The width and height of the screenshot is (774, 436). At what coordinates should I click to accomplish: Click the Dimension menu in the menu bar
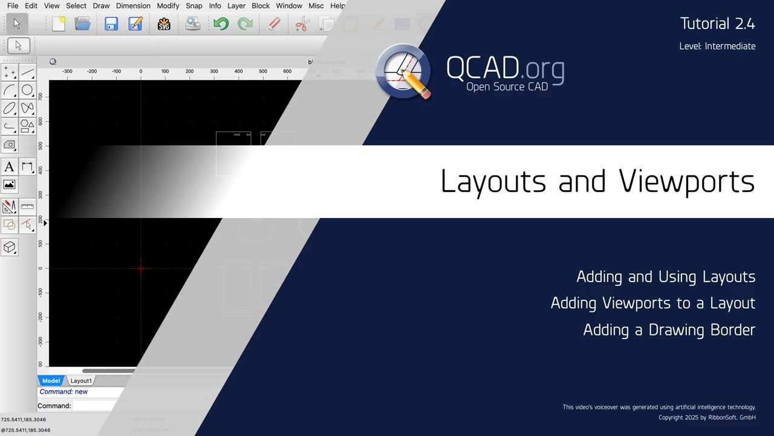point(133,6)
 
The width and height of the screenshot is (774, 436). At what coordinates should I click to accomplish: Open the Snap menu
point(194,6)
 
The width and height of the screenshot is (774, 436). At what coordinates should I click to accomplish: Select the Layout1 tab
point(81,381)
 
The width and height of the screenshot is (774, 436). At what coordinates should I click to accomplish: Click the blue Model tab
point(51,381)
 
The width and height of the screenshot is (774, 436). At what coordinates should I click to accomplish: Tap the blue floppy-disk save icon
point(111,24)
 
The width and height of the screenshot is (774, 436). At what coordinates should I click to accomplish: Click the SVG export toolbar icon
point(164,24)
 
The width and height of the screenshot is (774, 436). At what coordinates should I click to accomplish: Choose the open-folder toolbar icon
point(82,24)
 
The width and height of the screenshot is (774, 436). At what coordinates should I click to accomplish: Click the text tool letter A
point(9,167)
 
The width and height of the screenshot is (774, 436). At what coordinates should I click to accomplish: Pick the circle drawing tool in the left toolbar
point(27,91)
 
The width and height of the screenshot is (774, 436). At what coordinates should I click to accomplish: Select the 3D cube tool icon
point(9,247)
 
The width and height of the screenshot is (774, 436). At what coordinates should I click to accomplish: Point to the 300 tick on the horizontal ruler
point(214,71)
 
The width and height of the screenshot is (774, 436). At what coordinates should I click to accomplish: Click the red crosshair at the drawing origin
point(141,268)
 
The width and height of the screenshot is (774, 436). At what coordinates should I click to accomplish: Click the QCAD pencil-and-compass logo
point(403,71)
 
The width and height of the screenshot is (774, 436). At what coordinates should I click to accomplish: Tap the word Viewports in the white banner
point(686,182)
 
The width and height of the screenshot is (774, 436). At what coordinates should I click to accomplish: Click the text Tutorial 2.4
point(717,24)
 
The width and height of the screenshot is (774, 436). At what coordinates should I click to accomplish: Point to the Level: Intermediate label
point(717,46)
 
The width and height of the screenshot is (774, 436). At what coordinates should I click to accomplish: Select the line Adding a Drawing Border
point(669,330)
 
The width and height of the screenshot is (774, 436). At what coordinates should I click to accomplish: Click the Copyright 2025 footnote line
point(707,418)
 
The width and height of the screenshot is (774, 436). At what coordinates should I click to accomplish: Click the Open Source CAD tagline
point(507,87)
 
